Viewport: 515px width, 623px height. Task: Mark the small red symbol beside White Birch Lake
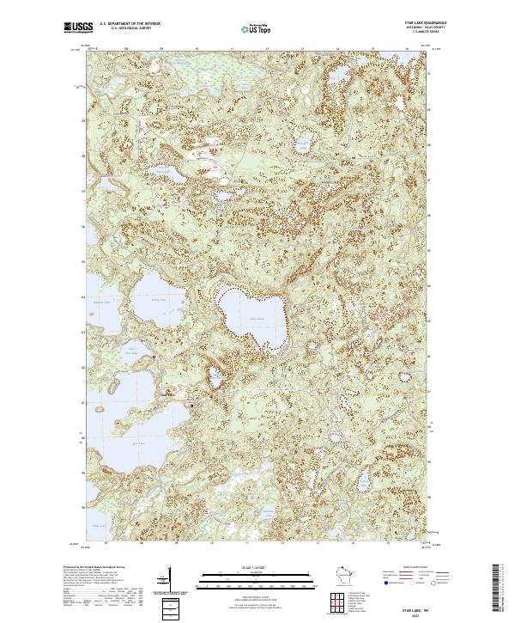(154, 357)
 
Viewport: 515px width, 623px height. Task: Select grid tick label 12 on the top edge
(269, 50)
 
